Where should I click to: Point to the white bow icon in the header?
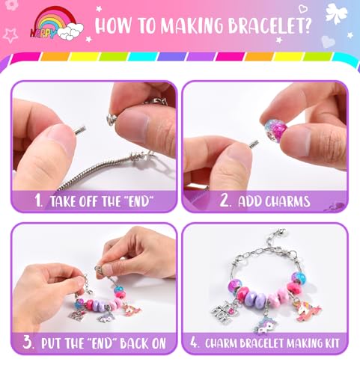336,13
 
